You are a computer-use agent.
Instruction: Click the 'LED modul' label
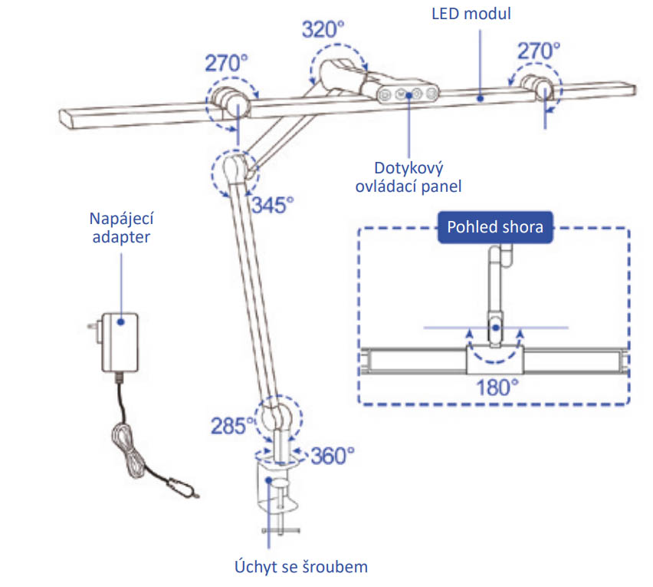click(x=471, y=14)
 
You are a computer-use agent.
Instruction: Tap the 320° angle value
click(x=323, y=30)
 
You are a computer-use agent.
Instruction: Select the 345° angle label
click(x=273, y=205)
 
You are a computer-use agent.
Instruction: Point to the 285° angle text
click(x=232, y=426)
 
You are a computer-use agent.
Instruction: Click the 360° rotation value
click(x=333, y=456)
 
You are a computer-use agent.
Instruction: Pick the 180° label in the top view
click(x=497, y=387)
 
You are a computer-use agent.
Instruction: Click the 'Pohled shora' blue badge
click(x=495, y=227)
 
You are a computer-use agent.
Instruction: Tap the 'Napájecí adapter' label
click(x=121, y=228)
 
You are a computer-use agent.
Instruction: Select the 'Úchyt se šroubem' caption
click(x=301, y=567)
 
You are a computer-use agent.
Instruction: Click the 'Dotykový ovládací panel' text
click(x=408, y=177)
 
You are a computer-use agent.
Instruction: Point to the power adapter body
click(x=120, y=342)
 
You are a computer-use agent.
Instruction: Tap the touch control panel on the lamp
click(x=408, y=94)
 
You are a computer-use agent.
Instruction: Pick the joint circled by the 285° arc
click(x=278, y=416)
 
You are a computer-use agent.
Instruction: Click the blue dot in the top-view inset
click(x=496, y=328)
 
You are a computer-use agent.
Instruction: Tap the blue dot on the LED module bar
click(x=481, y=99)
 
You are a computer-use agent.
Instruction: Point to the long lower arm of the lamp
click(x=255, y=292)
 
